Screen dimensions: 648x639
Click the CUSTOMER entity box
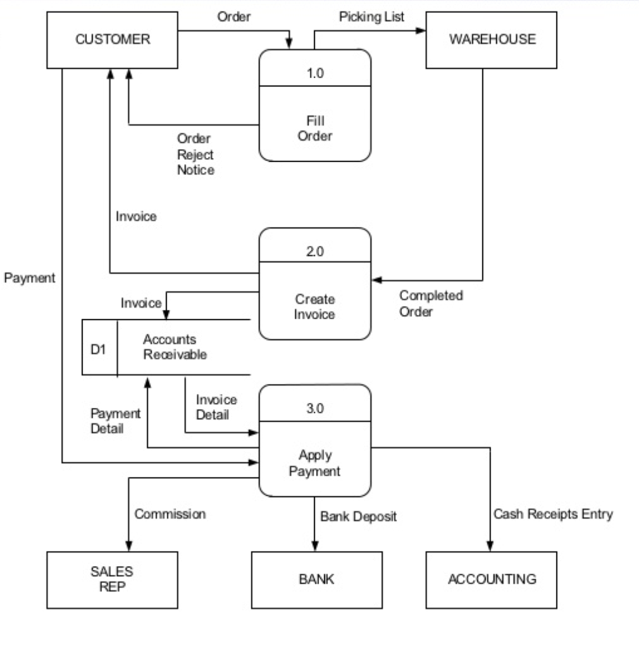tap(113, 39)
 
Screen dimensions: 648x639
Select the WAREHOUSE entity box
tap(492, 39)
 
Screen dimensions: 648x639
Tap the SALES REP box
tap(112, 579)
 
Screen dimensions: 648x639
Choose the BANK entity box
tap(316, 579)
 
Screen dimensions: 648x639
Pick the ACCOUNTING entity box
tap(492, 579)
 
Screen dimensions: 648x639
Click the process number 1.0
tap(315, 73)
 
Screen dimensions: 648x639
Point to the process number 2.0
tap(315, 251)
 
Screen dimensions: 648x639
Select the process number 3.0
tap(315, 408)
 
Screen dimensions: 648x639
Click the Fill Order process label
tap(315, 128)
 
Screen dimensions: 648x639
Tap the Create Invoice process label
tap(315, 306)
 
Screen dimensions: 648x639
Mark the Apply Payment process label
tap(315, 463)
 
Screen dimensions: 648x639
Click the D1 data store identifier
tap(98, 349)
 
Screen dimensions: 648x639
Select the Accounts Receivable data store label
tap(175, 347)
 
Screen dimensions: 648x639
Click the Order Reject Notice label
tap(195, 154)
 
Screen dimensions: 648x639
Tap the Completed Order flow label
tap(431, 303)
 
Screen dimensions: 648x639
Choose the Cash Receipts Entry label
tap(553, 514)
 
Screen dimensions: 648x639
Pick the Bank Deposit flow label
tap(358, 516)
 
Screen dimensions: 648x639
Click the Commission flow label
tap(170, 514)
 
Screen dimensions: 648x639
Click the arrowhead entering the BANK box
tap(314, 546)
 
